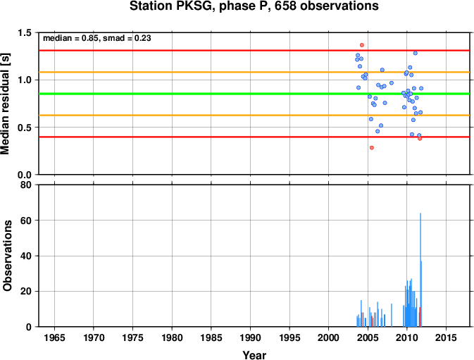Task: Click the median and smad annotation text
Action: point(97,38)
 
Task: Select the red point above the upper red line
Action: point(362,45)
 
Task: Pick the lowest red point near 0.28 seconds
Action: point(372,148)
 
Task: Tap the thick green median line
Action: point(254,94)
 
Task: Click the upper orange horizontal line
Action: point(254,73)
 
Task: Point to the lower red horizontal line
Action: point(254,137)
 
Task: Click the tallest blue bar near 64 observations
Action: point(420,270)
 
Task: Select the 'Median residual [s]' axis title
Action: point(6,104)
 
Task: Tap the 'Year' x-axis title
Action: point(254,355)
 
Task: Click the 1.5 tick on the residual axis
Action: point(25,32)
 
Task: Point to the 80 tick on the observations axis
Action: point(26,185)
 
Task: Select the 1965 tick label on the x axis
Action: point(54,337)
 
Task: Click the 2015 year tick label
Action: point(446,337)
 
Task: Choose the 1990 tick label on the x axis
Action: point(250,337)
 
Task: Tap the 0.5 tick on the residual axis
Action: point(25,128)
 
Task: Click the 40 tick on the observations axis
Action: point(26,256)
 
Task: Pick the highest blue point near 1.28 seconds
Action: point(416,54)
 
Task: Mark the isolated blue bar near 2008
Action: point(392,316)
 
